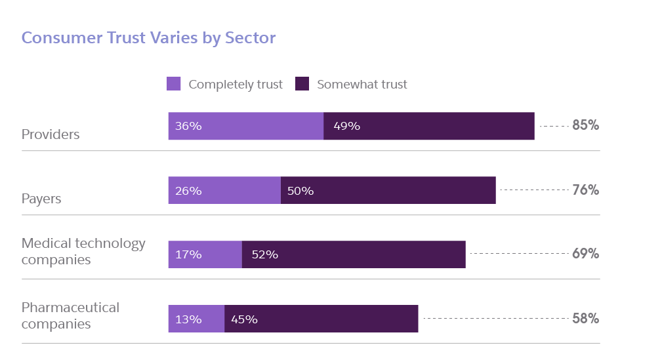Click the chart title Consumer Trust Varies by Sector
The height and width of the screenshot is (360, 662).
point(148,37)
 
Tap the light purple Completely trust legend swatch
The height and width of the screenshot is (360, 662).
point(174,84)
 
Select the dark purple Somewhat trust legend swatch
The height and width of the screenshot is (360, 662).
point(302,84)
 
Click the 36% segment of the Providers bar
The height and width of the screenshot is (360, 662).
point(245,126)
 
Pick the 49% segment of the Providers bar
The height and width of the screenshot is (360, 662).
point(429,126)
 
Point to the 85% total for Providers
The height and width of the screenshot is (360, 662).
point(585,125)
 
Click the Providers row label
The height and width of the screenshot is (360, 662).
point(51,134)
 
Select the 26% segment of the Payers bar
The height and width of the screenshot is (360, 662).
point(224,190)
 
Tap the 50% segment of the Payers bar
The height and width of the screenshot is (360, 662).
point(388,190)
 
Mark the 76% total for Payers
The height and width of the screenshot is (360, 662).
point(585,190)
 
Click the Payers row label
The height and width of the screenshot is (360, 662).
point(41,199)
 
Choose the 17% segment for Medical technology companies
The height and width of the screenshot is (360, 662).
point(205,254)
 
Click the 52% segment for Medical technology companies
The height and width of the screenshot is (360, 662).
point(354,254)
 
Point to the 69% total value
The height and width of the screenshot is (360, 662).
point(585,254)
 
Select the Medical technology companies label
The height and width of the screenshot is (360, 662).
point(83,251)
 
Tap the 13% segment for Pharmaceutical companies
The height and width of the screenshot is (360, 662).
point(196,319)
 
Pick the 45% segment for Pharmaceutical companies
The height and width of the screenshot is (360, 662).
point(321,319)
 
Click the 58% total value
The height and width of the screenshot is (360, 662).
point(585,318)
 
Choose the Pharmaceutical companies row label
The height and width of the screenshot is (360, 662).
point(70,315)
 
